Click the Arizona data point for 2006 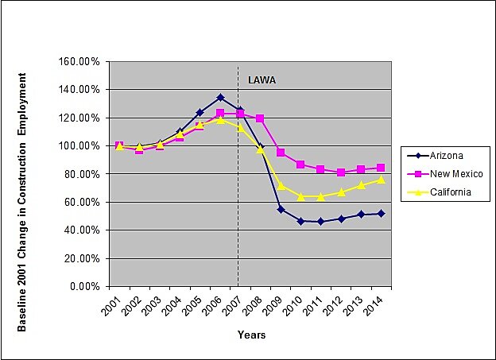pyautogui.click(x=220, y=98)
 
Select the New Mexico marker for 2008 pyautogui.click(x=260, y=118)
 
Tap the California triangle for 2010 pyautogui.click(x=300, y=196)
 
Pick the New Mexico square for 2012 pyautogui.click(x=340, y=172)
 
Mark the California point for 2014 pyautogui.click(x=381, y=180)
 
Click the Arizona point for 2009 pyautogui.click(x=281, y=209)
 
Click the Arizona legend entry pyautogui.click(x=442, y=155)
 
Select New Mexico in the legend pyautogui.click(x=447, y=174)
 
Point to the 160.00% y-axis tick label pyautogui.click(x=78, y=61)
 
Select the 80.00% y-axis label pyautogui.click(x=80, y=174)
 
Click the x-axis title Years pyautogui.click(x=251, y=335)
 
